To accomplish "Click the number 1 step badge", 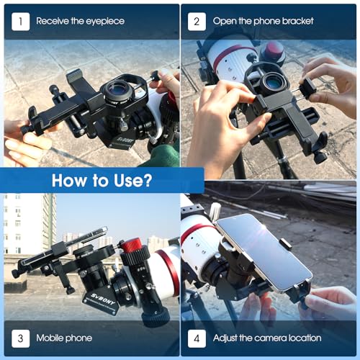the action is pyautogui.click(x=20, y=22).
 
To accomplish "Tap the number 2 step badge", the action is pyautogui.click(x=197, y=22).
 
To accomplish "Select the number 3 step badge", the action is pyautogui.click(x=20, y=338).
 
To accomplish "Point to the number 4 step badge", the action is pyautogui.click(x=197, y=338).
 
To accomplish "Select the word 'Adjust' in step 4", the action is pyautogui.click(x=225, y=338).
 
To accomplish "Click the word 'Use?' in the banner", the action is pyautogui.click(x=132, y=180).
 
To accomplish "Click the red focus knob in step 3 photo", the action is pyautogui.click(x=131, y=246).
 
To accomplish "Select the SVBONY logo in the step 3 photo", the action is pyautogui.click(x=103, y=300).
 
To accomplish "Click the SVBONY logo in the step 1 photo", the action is pyautogui.click(x=125, y=142).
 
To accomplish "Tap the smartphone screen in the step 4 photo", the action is pyautogui.click(x=264, y=253).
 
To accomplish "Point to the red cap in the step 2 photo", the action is pyautogui.click(x=274, y=52).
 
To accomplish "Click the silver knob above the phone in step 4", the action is pyautogui.click(x=215, y=211).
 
